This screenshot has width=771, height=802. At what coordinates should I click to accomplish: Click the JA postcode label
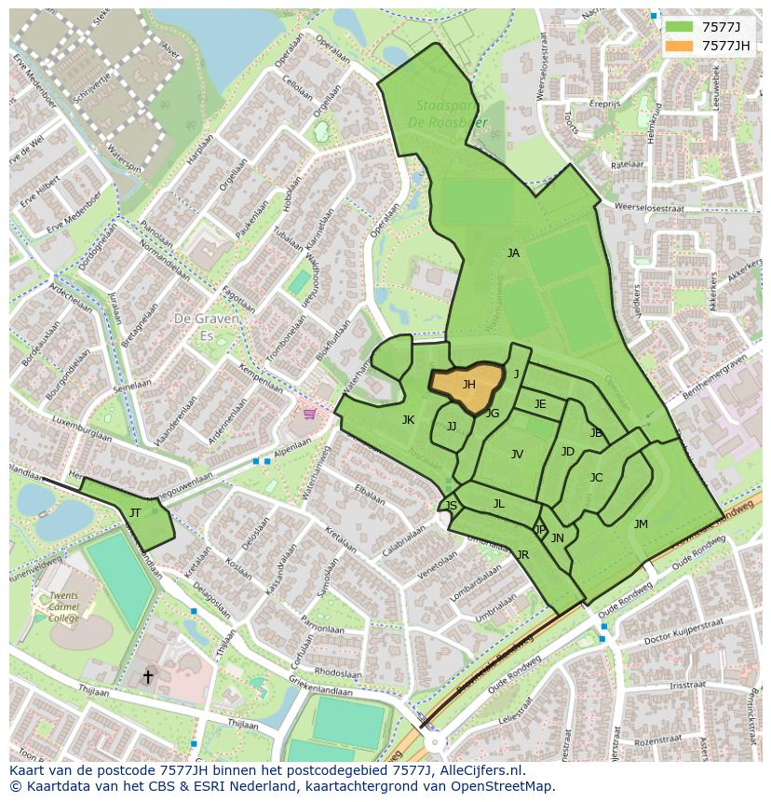click(x=513, y=253)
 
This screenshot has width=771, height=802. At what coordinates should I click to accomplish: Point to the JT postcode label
click(x=135, y=513)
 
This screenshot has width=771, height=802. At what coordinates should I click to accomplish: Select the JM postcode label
click(x=641, y=524)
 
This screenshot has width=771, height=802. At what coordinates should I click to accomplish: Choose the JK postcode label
click(x=408, y=420)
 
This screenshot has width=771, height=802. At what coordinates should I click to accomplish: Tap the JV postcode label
click(x=517, y=455)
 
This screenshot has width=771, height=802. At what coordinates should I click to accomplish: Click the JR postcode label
click(x=522, y=555)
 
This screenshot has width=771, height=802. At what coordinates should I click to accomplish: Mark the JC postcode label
click(x=596, y=478)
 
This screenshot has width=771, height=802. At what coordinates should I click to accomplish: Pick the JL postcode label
click(x=498, y=504)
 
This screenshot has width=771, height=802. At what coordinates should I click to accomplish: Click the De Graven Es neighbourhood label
click(x=207, y=325)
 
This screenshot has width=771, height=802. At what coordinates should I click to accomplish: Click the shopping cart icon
click(x=309, y=413)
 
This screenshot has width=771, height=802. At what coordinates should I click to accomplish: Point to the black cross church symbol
click(x=147, y=677)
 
